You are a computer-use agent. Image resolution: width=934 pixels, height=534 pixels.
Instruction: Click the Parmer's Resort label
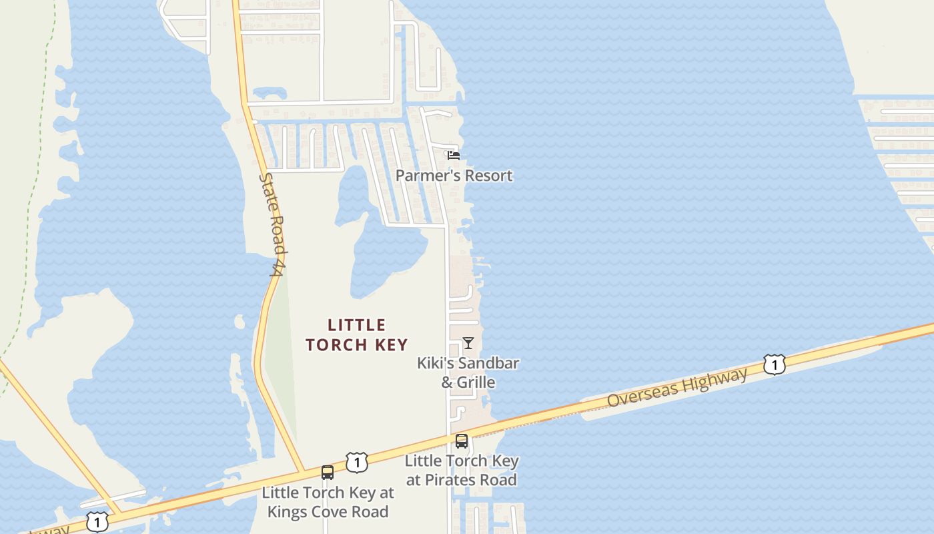pos(454,176)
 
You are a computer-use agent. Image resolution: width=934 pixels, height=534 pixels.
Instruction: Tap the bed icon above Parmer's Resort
pos(454,155)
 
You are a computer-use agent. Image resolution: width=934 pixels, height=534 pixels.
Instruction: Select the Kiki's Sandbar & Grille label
pos(468,372)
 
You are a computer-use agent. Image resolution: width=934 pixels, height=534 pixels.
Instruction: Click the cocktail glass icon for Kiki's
pos(468,343)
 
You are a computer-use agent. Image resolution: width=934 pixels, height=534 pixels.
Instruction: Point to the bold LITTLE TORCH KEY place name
pos(357,335)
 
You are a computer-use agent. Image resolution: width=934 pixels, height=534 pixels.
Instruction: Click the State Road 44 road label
pos(273,224)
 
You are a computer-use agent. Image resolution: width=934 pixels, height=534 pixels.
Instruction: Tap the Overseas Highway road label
pos(677,388)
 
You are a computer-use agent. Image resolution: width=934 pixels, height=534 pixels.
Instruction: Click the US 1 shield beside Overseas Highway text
pos(774,365)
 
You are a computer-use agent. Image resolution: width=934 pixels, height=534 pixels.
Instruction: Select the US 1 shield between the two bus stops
pos(357,462)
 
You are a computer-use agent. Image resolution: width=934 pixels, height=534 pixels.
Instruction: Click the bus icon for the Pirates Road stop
pos(462,441)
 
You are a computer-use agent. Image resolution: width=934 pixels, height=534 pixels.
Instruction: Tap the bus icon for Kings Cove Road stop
pos(328,473)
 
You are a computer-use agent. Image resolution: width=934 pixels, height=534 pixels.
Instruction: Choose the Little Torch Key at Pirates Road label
pos(462,470)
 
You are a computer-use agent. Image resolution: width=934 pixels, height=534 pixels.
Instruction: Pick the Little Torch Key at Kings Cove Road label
pos(328,502)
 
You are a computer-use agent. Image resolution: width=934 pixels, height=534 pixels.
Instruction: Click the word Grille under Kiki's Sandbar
pos(476,382)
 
